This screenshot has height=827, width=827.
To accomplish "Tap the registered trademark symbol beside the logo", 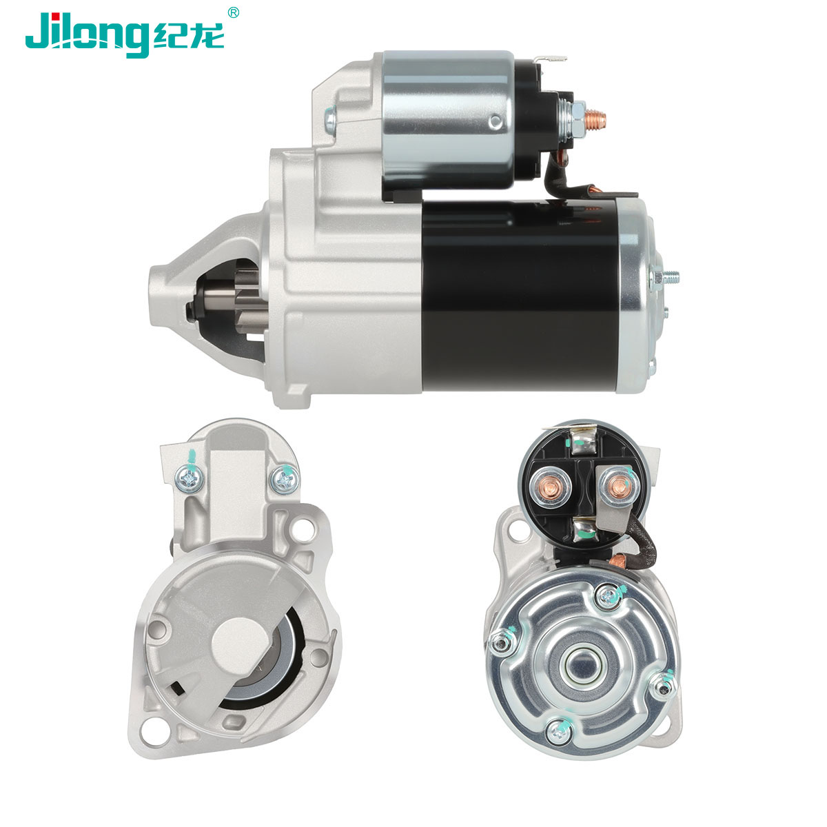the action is coord(233,12).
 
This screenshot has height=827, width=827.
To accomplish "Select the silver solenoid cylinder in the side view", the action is coord(448,120).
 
